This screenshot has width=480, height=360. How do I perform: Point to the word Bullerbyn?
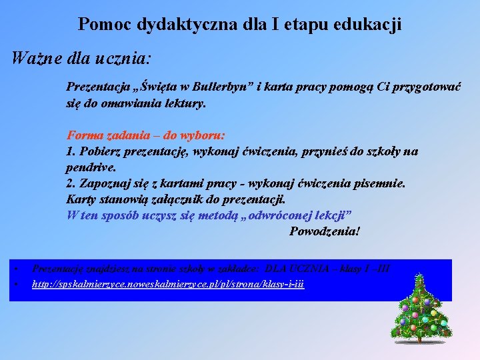coord(212,87)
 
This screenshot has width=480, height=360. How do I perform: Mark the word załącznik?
coord(183,199)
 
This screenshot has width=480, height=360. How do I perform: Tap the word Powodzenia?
coord(325,231)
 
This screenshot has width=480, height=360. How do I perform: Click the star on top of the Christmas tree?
coord(420,276)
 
